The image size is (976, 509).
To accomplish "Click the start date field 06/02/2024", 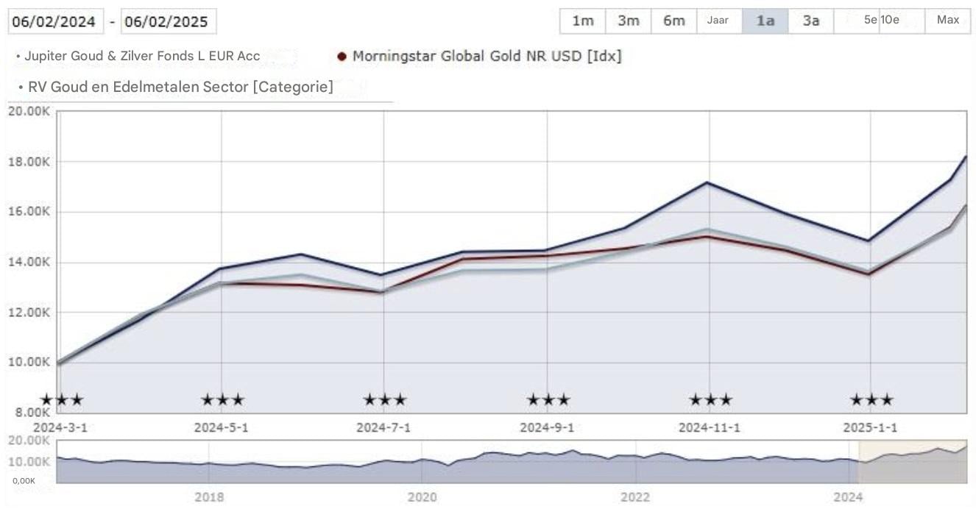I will click(x=54, y=21).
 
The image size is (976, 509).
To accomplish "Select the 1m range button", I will click(x=582, y=21).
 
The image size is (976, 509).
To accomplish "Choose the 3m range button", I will click(x=628, y=21).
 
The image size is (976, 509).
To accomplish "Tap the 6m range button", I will click(x=673, y=21).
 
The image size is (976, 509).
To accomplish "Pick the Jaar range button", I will click(x=718, y=21).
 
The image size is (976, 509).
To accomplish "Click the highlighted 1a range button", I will click(x=765, y=21).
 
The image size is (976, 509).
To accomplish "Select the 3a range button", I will click(x=810, y=21).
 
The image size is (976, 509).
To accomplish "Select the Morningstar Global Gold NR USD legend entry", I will click(x=486, y=56).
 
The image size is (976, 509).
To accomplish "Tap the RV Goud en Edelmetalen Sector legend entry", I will click(x=180, y=87).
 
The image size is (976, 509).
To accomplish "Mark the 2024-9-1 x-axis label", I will click(x=546, y=427).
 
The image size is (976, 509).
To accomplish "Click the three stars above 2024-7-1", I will click(x=384, y=400).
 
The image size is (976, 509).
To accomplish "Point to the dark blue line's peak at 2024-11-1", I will click(x=707, y=182).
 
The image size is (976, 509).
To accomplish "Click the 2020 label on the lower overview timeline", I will click(x=422, y=497).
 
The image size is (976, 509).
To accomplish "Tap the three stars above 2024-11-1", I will click(x=710, y=400).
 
